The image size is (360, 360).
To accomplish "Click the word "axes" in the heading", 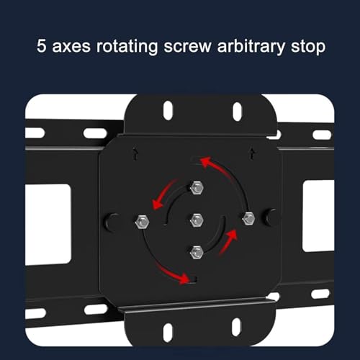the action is pyautogui.click(x=71, y=46).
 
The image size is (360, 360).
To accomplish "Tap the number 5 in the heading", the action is pyautogui.click(x=41, y=45).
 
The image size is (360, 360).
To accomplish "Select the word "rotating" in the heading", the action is pyautogui.click(x=127, y=46).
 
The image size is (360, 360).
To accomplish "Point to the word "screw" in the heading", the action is pyautogui.click(x=187, y=46).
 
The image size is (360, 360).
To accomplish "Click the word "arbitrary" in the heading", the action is pyautogui.click(x=251, y=46).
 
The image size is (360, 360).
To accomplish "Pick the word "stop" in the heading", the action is pyautogui.click(x=308, y=47).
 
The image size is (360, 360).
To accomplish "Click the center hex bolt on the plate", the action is pyautogui.click(x=197, y=220).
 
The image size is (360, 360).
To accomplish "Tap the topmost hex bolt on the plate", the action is pyautogui.click(x=197, y=187).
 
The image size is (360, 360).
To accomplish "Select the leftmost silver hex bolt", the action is pyautogui.click(x=143, y=222).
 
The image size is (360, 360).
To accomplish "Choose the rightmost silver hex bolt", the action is pyautogui.click(x=248, y=218).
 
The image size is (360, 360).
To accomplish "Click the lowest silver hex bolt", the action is pyautogui.click(x=197, y=252).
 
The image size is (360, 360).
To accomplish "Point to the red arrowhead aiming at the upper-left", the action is pyautogui.click(x=206, y=163).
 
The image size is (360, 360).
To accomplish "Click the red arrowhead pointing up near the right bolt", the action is pyautogui.click(x=232, y=235).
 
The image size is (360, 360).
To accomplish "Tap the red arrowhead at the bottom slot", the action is pyautogui.click(x=184, y=278).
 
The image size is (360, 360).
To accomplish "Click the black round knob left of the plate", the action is pyautogui.click(x=112, y=222).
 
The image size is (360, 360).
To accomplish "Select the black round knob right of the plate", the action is pyautogui.click(x=271, y=217).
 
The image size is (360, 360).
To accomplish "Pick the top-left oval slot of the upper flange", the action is pyautogui.click(x=168, y=111).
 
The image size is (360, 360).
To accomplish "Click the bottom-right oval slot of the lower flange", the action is pyautogui.click(x=237, y=328).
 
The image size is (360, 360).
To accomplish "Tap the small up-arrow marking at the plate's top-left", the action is pyautogui.click(x=136, y=154).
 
